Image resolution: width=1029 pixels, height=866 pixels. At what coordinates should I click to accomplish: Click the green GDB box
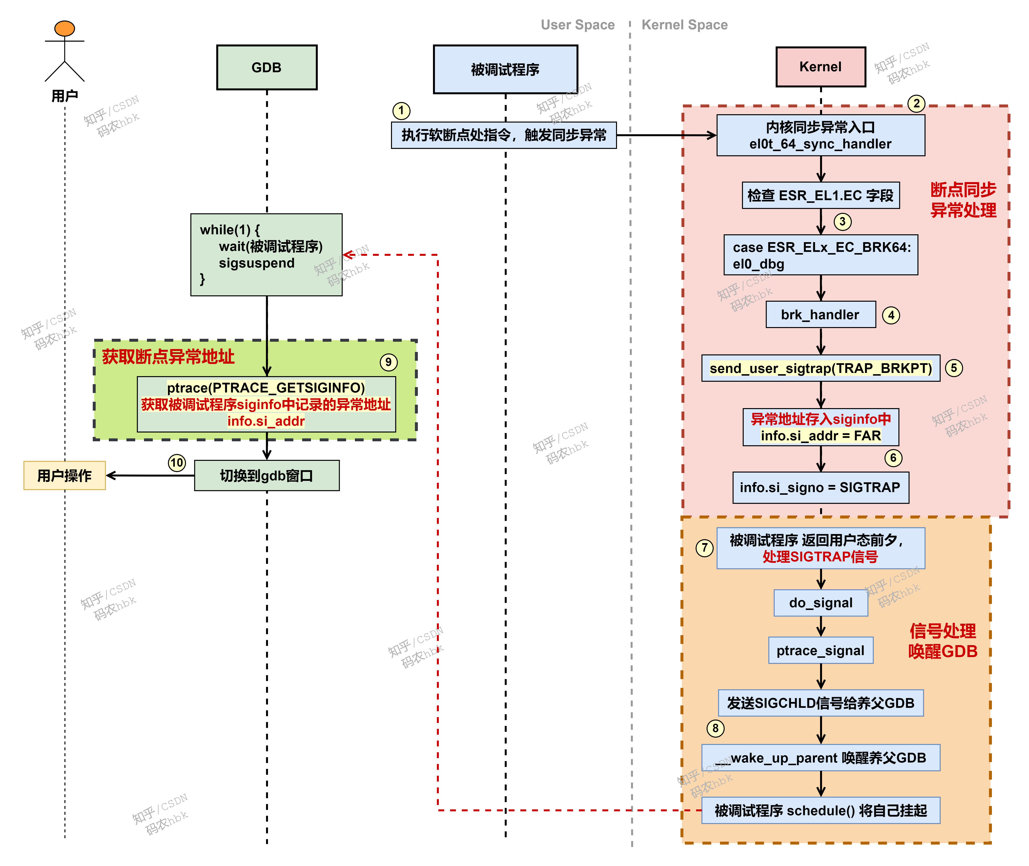[267, 67]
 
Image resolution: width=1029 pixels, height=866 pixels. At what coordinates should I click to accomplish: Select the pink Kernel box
[820, 67]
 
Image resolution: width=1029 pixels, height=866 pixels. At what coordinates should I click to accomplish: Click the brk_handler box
[820, 315]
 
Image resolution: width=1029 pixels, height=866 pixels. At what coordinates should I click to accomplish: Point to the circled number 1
[401, 111]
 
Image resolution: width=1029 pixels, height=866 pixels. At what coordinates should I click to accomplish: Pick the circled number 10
[177, 463]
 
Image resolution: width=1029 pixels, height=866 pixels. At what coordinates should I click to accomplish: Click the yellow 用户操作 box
[64, 475]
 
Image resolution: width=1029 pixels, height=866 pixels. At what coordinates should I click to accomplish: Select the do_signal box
[820, 603]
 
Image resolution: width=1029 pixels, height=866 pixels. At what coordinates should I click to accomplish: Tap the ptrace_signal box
[820, 650]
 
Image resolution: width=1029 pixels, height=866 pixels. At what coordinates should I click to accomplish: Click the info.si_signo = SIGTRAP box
[820, 487]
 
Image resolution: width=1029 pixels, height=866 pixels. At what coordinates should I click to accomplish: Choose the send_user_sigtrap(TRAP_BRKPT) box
[820, 368]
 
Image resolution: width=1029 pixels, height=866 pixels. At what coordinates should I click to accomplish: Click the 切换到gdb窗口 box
[267, 475]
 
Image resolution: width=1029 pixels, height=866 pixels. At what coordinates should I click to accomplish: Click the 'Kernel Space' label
[684, 25]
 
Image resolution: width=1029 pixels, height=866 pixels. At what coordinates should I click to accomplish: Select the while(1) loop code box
[267, 254]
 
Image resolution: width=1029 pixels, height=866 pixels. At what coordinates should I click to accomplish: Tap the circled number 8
[715, 728]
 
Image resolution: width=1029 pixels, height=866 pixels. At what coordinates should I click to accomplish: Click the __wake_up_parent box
[820, 758]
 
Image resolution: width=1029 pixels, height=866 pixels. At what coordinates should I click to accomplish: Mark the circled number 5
[954, 368]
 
